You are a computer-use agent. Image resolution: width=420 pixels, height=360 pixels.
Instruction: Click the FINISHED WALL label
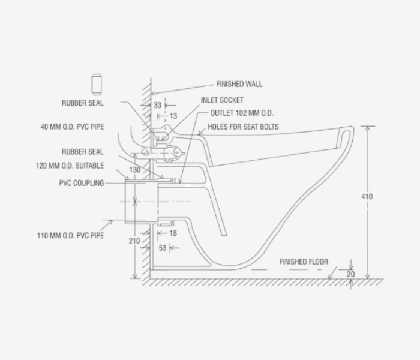(239, 85)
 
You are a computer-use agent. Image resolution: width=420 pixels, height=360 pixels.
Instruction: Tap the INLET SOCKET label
(222, 100)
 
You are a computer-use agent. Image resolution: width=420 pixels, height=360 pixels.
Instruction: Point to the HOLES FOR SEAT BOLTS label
(243, 127)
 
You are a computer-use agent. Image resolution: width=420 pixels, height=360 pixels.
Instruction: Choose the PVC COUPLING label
(82, 183)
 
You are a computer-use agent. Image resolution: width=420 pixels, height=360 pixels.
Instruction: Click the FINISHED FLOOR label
(304, 262)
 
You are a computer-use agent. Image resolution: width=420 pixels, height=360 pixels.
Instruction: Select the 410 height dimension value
(368, 197)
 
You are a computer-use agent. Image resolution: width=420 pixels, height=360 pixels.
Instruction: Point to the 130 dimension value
(134, 170)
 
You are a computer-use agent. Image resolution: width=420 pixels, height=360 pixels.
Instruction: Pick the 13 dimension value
(173, 115)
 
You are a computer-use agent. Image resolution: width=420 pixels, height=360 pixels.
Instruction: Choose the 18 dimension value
(173, 232)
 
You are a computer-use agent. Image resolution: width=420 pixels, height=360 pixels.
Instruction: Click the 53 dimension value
(162, 247)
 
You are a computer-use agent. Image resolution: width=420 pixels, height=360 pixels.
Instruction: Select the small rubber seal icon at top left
(95, 82)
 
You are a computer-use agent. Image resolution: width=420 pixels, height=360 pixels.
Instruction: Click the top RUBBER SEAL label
(83, 103)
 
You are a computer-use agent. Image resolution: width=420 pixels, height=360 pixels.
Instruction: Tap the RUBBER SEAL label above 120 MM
(83, 152)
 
